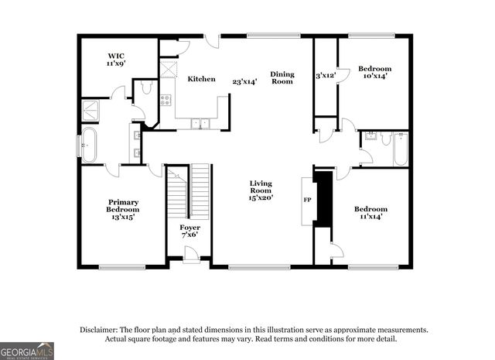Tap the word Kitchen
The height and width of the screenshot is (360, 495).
click(x=201, y=79)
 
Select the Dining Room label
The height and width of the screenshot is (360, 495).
click(x=282, y=77)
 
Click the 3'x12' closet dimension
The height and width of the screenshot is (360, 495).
click(x=326, y=76)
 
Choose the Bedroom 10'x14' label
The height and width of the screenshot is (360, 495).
click(x=374, y=72)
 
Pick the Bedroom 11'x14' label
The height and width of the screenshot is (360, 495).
click(x=370, y=213)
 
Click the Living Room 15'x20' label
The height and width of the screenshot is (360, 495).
click(x=261, y=190)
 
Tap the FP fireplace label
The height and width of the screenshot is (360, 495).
click(x=307, y=200)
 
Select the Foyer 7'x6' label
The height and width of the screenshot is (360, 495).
click(x=189, y=231)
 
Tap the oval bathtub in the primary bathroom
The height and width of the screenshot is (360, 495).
click(x=89, y=146)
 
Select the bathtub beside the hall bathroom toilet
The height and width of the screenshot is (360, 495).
click(x=400, y=149)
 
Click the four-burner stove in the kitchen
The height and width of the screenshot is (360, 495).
click(x=166, y=100)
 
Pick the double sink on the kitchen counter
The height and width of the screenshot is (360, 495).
click(x=200, y=122)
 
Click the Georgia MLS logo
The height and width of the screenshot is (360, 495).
click(x=27, y=351)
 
